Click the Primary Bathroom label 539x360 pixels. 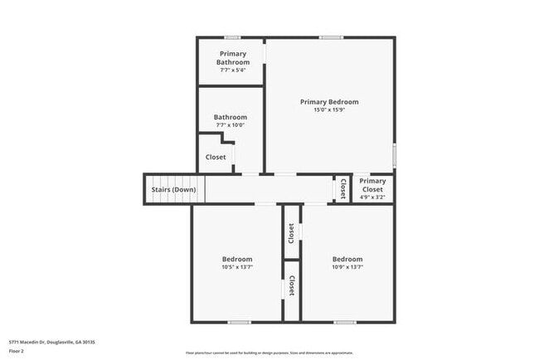pyautogui.click(x=233, y=58)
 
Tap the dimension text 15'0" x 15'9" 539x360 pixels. pyautogui.click(x=329, y=109)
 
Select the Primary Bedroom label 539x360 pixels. pyautogui.click(x=329, y=101)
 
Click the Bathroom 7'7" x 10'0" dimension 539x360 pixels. pyautogui.click(x=230, y=125)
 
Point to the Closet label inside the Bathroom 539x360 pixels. pyautogui.click(x=216, y=157)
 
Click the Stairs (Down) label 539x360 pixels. pyautogui.click(x=173, y=189)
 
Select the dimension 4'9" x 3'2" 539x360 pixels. pyautogui.click(x=373, y=197)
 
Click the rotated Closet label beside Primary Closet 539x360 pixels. pyautogui.click(x=342, y=188)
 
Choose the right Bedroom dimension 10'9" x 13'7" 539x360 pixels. pyautogui.click(x=347, y=267)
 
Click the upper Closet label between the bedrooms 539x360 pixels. pyautogui.click(x=291, y=233)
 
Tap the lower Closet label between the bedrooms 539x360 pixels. pyautogui.click(x=291, y=286)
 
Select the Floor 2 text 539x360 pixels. pyautogui.click(x=17, y=351)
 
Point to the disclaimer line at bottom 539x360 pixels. pyautogui.click(x=269, y=353)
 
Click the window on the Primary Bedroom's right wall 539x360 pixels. pyautogui.click(x=394, y=155)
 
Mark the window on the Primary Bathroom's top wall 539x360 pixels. pyautogui.click(x=233, y=37)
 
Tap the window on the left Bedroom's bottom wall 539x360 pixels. pyautogui.click(x=239, y=322)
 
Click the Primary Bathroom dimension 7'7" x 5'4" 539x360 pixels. pyautogui.click(x=233, y=70)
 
